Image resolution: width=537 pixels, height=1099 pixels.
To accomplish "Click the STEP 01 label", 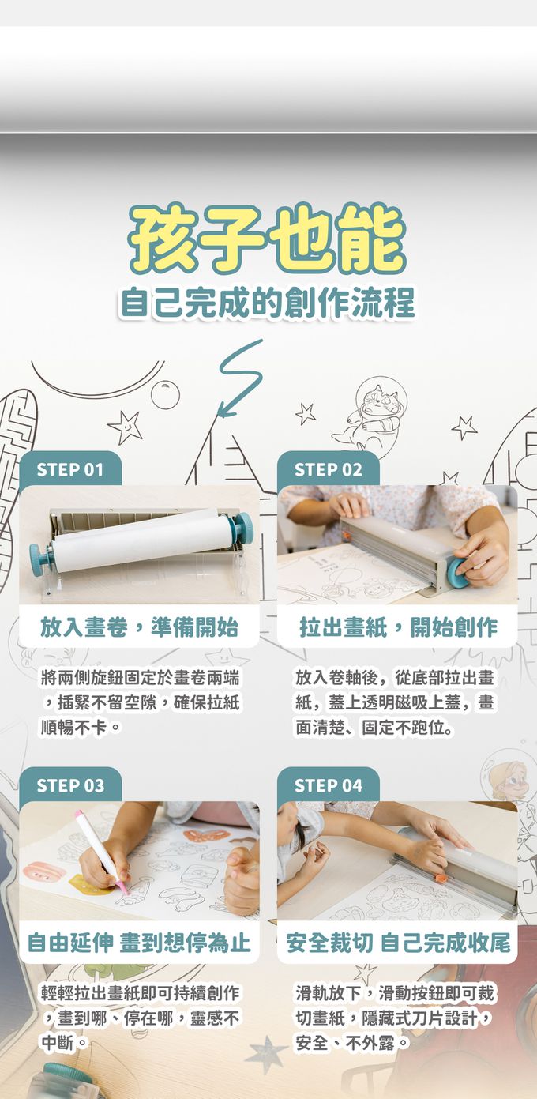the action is pos(70,469).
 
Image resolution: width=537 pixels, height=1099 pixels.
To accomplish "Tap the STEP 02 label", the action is pos(328,469).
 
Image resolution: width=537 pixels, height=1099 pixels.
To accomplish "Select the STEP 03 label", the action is pos(70,785).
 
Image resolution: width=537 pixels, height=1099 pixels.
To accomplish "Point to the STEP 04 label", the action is pos(328,785).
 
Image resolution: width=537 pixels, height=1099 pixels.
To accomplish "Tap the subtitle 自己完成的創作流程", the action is pos(268,303).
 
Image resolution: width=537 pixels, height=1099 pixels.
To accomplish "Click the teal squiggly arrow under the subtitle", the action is pos(239,378).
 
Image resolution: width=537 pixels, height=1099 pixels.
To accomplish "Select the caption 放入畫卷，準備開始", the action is pos(139,627).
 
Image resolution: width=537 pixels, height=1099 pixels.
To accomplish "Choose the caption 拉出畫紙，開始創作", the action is pos(398,627).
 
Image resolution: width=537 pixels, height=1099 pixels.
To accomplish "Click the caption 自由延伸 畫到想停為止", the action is pos(139,943).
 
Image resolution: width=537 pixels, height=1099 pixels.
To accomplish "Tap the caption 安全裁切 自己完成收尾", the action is pos(398,943).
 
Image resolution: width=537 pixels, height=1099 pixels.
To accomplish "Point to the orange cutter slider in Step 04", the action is pos(441,878).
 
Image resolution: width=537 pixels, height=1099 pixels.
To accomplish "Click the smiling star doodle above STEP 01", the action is pos(126,425).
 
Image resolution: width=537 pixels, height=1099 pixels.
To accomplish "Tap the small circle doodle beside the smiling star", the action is pos(165,394).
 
